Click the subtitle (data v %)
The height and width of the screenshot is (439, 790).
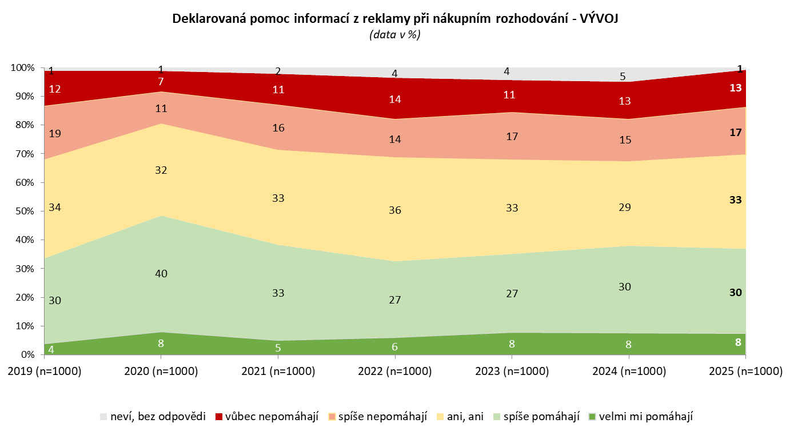[394, 35]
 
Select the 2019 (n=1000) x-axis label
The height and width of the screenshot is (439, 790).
[45, 372]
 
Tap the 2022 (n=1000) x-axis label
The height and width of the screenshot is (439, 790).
[395, 372]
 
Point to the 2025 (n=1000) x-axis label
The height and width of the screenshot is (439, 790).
[745, 372]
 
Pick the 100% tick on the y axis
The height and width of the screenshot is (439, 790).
[22, 68]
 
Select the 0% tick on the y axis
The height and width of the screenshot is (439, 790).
[26, 354]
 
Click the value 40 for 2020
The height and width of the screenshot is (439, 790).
[161, 274]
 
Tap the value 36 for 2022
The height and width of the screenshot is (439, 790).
[395, 210]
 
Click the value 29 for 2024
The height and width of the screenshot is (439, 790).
[625, 207]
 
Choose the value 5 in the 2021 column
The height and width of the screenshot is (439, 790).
[278, 347]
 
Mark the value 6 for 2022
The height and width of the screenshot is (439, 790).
[395, 347]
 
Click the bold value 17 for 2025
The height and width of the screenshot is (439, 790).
[736, 133]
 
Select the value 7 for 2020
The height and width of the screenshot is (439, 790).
[161, 81]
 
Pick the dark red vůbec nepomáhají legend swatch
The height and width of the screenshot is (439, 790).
[218, 417]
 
